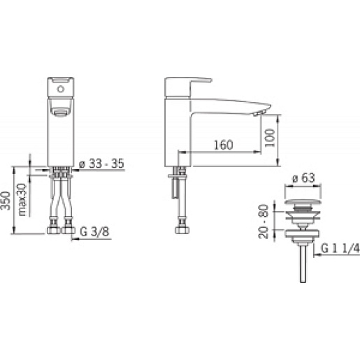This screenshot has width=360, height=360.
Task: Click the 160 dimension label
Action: (x=223, y=145)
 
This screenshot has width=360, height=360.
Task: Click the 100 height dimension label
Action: (x=270, y=138)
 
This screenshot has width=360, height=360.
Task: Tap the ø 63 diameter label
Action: (x=303, y=178)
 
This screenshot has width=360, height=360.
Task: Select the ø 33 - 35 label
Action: (x=101, y=164)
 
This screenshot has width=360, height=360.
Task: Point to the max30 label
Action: (x=22, y=200)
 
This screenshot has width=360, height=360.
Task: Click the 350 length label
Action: (x=6, y=201)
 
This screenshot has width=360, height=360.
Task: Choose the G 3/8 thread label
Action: (x=94, y=231)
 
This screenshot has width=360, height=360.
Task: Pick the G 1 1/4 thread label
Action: (x=340, y=248)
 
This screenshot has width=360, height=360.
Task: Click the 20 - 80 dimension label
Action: (x=264, y=222)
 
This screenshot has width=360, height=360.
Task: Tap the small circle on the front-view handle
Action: (x=61, y=89)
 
